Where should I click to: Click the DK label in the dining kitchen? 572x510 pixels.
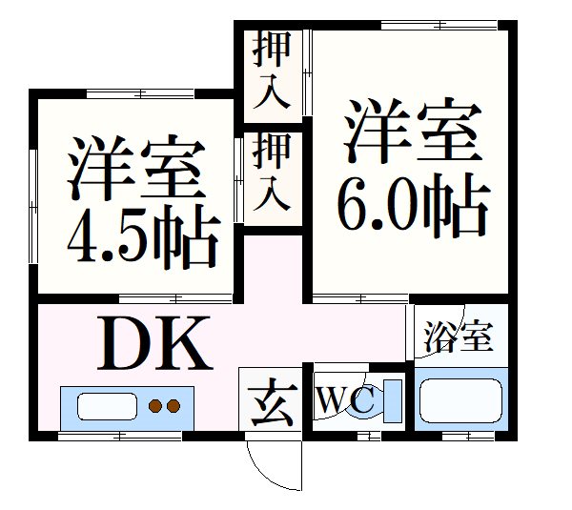155,346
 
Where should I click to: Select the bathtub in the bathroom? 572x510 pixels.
459,400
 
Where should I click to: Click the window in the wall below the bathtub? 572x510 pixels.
469,435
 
